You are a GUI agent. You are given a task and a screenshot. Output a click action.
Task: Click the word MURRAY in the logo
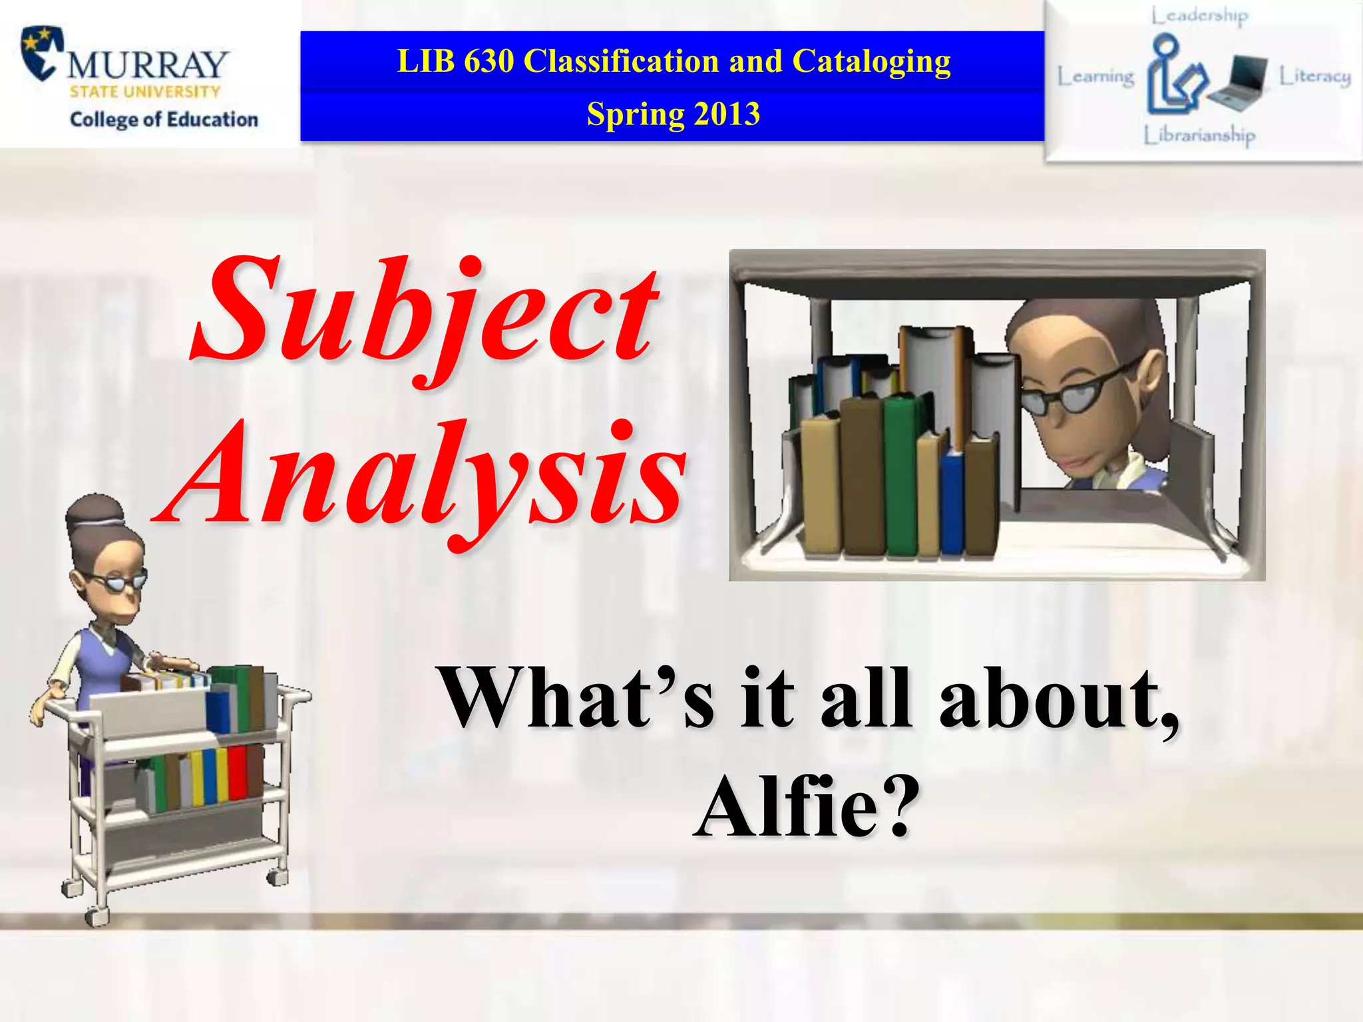pos(148,65)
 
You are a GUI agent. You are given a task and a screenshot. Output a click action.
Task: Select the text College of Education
pos(164,120)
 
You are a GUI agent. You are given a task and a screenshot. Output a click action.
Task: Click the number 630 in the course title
pos(489,61)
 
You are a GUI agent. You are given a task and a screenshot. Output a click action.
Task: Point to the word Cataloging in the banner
pos(871,62)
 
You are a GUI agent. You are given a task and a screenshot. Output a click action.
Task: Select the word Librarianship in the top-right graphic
pos(1199,135)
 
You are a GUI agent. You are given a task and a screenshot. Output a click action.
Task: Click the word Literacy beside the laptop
pos(1315,77)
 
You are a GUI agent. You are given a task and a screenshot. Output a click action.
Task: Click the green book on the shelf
pos(901,476)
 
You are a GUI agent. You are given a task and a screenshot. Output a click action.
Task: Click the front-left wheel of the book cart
pos(97,914)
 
